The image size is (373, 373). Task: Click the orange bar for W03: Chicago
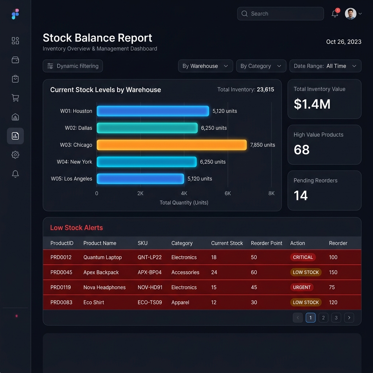tap(172, 145)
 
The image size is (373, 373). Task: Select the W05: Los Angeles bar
tap(140, 178)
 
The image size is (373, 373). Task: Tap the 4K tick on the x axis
tap(184, 193)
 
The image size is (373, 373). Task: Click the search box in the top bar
tap(280, 13)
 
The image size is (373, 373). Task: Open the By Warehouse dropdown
tap(205, 66)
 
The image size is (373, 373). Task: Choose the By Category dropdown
tap(261, 66)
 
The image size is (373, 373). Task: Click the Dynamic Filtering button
tap(73, 66)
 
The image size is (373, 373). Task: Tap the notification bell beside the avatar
tap(335, 14)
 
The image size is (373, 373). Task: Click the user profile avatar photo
tap(350, 14)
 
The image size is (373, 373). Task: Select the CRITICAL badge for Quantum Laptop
tap(303, 257)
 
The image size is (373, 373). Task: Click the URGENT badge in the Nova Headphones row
tap(302, 287)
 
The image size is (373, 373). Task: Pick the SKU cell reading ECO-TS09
tap(150, 302)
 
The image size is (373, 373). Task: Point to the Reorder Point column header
tap(266, 243)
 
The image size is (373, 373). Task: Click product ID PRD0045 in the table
tap(61, 272)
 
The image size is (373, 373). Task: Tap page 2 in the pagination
tap(323, 318)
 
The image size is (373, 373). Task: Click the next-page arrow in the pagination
tap(349, 318)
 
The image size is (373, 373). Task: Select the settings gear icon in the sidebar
tap(15, 155)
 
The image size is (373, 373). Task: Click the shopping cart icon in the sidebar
tap(15, 98)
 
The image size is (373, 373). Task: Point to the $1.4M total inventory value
tap(312, 104)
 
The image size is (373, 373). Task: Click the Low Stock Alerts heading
tap(76, 228)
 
